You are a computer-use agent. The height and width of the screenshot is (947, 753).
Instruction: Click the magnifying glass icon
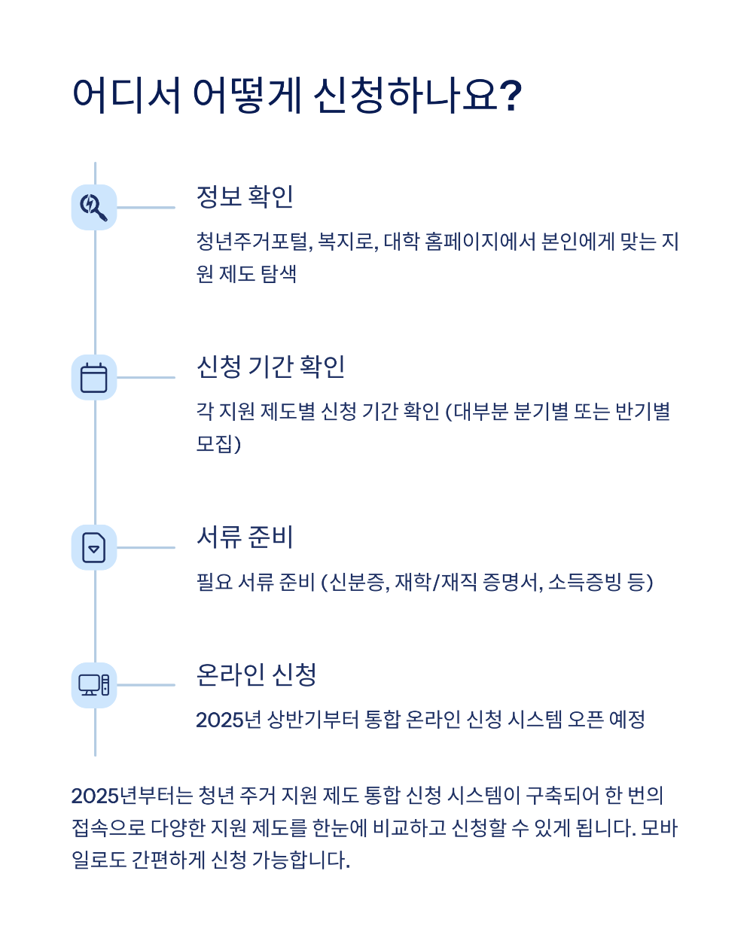tap(94, 207)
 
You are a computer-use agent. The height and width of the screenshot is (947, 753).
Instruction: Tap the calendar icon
tap(94, 377)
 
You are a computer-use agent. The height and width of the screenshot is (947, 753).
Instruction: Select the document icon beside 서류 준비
tap(94, 547)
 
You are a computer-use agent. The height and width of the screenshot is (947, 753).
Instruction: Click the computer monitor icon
tap(94, 685)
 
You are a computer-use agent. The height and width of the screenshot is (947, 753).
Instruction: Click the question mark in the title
tap(511, 96)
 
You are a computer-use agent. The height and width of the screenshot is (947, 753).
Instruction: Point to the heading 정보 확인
tap(245, 196)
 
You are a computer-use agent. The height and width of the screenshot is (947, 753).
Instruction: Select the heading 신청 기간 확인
tap(270, 367)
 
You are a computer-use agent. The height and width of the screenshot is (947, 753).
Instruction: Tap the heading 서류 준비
tap(245, 537)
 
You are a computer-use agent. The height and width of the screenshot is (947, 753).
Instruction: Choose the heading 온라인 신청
tap(256, 674)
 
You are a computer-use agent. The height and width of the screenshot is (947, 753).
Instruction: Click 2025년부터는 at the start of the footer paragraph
tap(132, 796)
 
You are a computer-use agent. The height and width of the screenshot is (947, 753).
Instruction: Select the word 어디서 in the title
tap(127, 96)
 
